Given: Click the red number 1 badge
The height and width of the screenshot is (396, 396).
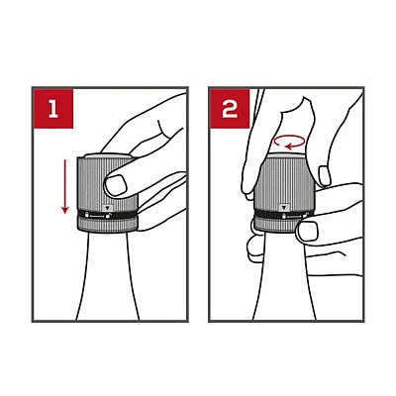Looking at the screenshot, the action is [53, 108].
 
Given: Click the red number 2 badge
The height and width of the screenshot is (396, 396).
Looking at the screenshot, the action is [230, 108].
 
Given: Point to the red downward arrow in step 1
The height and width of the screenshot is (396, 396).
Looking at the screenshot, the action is [65, 186].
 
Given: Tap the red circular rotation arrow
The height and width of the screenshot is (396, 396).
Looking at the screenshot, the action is [289, 142].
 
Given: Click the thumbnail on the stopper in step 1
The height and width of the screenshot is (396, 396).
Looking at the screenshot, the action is [116, 185].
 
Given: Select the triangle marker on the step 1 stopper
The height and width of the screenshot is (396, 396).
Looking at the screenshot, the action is [108, 208].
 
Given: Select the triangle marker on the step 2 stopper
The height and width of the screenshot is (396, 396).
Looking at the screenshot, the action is [283, 208].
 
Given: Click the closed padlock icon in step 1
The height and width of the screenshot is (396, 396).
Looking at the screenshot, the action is [87, 215].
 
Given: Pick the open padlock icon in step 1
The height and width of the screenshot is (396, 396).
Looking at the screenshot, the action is [108, 216].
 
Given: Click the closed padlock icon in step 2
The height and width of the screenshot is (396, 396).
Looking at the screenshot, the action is [284, 217].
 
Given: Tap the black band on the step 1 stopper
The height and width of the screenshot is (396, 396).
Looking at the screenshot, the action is [108, 215].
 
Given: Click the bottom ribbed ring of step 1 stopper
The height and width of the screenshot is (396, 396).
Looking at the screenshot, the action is [108, 225].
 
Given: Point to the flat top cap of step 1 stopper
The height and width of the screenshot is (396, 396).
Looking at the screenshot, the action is [108, 155].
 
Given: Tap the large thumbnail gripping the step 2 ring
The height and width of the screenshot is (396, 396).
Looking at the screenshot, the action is [308, 231].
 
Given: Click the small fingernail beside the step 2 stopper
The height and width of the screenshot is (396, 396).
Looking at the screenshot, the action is [325, 176].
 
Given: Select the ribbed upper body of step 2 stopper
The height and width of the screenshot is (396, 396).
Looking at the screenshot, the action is [284, 183].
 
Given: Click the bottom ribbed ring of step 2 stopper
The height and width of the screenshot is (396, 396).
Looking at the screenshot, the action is [276, 225].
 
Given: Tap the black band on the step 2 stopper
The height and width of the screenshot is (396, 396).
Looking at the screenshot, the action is [281, 216].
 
